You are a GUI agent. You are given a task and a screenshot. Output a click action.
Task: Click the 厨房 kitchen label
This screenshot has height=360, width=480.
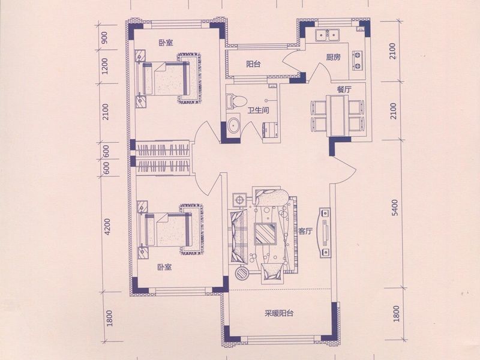pyautogui.click(x=334, y=57)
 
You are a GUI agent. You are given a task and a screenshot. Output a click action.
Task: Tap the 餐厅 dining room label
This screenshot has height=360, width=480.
pyautogui.click(x=344, y=89)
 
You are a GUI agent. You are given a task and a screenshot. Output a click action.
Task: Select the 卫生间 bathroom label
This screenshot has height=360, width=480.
pyautogui.click(x=259, y=110)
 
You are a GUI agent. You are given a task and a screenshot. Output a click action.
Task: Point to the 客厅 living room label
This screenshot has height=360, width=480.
pyautogui.click(x=305, y=232)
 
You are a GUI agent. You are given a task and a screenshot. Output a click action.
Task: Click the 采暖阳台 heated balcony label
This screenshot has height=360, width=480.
pyautogui.click(x=279, y=313)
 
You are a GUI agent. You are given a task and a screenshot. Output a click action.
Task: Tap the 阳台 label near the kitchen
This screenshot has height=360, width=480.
pyautogui.click(x=253, y=64)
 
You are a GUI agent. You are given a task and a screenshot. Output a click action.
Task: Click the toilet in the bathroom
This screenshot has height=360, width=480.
pyautogui.click(x=236, y=101)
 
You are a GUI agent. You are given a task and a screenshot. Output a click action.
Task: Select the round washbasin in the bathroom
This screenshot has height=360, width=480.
pyautogui.click(x=234, y=126)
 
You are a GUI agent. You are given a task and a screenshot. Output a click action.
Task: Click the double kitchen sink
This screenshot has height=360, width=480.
pyautogui.click(x=327, y=35)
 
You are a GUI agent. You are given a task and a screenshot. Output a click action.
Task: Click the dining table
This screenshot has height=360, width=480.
pyautogui.click(x=338, y=115)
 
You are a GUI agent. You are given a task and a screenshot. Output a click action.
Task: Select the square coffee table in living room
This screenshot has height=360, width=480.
pyautogui.click(x=265, y=234)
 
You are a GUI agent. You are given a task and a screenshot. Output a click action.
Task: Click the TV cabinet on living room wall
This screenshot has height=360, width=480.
pyautogui.click(x=325, y=233)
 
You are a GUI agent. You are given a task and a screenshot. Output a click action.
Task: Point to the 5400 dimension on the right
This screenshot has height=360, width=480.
pyautogui.click(x=395, y=208)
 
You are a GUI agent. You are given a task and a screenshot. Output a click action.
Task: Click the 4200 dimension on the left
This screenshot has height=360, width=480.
pyautogui.click(x=107, y=227)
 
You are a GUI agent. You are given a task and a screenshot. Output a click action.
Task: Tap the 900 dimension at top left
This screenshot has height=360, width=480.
pyautogui.click(x=104, y=38)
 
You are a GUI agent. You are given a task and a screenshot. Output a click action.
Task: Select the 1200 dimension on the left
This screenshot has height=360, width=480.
pyautogui.click(x=104, y=66)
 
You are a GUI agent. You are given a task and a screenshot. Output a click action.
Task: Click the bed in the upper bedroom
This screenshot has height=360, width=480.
pyautogui.click(x=166, y=79)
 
